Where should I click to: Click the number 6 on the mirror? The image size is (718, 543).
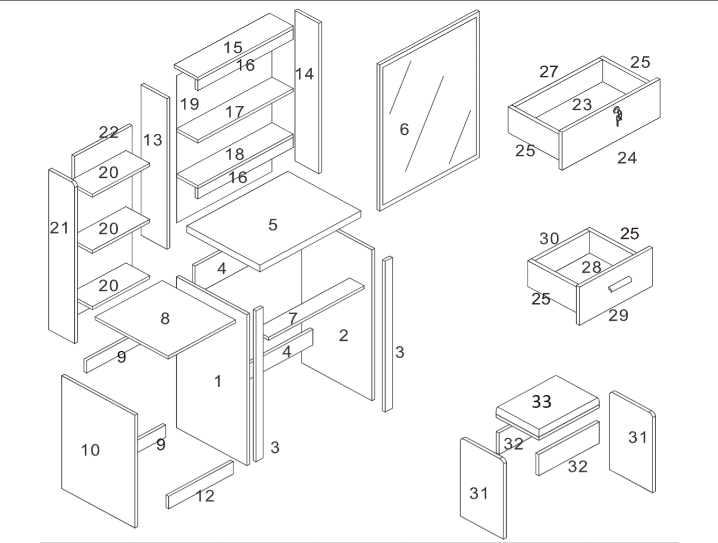coord(404,129)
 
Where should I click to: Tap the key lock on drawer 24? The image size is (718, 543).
coord(618,116)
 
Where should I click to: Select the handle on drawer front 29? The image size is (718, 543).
coord(620,285)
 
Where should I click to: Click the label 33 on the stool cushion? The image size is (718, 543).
coord(541,401)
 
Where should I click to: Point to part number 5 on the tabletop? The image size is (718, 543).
coord(273,225)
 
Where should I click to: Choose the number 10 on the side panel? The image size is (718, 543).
coord(90,450)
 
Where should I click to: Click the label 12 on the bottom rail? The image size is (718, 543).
coord(205,496)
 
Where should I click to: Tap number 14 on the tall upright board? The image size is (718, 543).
coord(304,74)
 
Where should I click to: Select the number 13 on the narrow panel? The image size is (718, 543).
coord(153,140)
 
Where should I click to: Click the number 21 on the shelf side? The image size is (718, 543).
coord(59,228)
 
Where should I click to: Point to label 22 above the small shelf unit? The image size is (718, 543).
coord(109,132)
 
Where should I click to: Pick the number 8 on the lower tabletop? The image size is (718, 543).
coord(165,318)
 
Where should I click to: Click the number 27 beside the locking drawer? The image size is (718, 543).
coord(549,71)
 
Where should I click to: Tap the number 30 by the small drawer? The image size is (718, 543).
coord(549,238)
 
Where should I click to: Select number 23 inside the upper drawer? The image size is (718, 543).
coord(581,104)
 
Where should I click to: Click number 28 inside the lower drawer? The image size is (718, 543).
coord(591,267)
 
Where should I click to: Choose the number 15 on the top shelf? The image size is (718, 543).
coord(233,48)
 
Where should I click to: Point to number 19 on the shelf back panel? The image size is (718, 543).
coord(189,104)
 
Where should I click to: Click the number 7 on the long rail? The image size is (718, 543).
coord(292,318)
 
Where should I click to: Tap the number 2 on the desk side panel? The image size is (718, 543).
coord(343,336)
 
